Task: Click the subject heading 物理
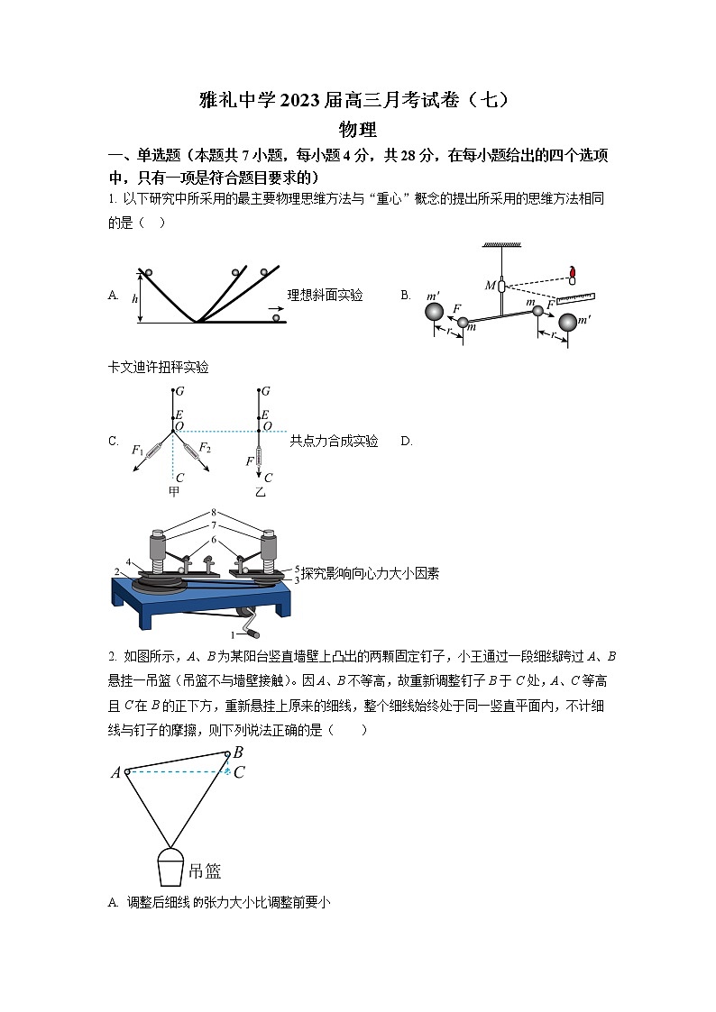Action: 358,130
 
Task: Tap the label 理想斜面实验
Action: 325,295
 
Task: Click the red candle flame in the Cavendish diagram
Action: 572,270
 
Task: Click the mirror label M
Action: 490,286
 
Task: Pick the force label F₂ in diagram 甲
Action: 205,448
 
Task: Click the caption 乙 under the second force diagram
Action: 261,492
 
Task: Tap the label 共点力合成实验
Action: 334,441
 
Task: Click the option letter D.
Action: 406,441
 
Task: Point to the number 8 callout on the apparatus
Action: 214,512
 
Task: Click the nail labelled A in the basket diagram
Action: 128,771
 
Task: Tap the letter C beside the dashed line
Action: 239,772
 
